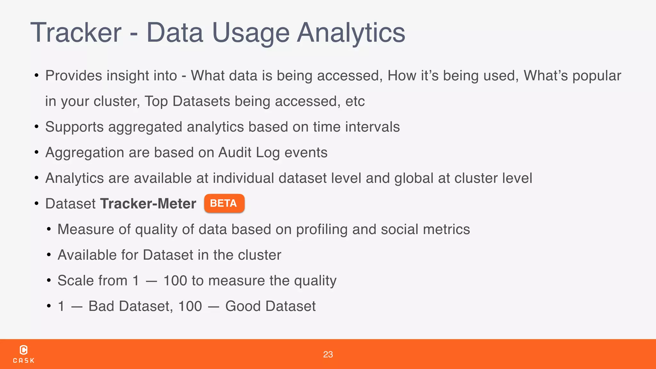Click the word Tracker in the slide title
[76, 33]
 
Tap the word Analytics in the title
[351, 33]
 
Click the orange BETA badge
[224, 203]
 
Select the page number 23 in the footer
[328, 354]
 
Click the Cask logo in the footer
[24, 354]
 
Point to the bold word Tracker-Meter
[148, 204]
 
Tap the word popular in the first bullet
[596, 76]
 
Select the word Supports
[74, 127]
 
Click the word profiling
[322, 230]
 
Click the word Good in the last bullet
[242, 306]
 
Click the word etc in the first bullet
[355, 102]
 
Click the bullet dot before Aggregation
[37, 152]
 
